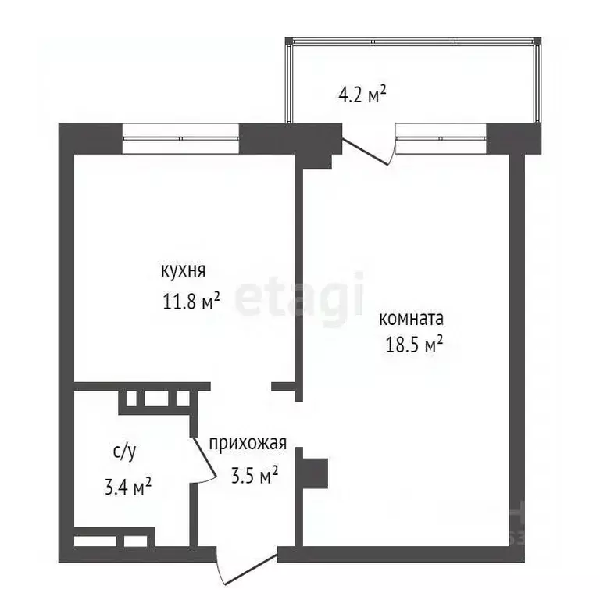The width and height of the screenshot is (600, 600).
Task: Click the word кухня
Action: (x=183, y=271)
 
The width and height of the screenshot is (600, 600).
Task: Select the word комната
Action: (x=411, y=319)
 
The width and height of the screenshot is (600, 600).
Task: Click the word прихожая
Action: (x=248, y=444)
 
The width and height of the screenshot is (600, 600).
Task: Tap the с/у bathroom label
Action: (x=124, y=451)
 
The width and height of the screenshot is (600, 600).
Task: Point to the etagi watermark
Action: (x=300, y=295)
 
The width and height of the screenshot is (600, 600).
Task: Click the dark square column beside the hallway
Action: (x=316, y=472)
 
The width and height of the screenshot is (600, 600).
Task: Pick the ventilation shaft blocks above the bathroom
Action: (x=155, y=398)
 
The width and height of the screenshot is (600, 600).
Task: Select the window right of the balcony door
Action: (x=441, y=140)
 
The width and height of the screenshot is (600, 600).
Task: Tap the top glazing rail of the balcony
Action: (x=413, y=41)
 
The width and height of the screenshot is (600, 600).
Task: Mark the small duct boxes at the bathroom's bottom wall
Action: (x=110, y=540)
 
